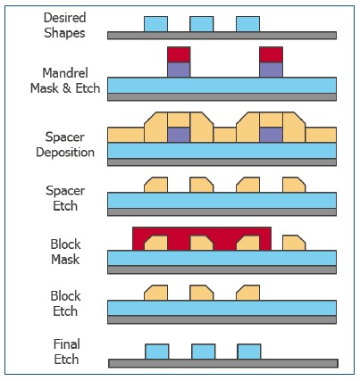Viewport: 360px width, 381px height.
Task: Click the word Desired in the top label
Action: click(64, 18)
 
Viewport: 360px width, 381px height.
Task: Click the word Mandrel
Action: click(65, 73)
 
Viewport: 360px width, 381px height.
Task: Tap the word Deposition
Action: click(65, 153)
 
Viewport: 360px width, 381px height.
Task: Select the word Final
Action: click(67, 344)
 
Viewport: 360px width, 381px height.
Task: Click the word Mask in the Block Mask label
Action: click(65, 260)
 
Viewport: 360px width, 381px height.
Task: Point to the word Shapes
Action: click(64, 33)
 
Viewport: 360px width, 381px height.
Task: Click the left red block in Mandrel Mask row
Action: click(179, 54)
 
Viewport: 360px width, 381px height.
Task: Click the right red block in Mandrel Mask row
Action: click(271, 54)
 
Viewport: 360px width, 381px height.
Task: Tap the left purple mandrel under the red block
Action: click(179, 70)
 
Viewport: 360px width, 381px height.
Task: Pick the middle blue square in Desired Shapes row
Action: click(202, 24)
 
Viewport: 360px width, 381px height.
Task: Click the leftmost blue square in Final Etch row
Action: click(157, 352)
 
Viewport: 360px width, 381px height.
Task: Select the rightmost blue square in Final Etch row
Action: click(249, 352)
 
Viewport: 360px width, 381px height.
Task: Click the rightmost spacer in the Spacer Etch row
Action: click(294, 185)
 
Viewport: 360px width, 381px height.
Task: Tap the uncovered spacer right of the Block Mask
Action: click(294, 243)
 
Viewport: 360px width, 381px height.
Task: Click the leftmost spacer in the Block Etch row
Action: click(155, 293)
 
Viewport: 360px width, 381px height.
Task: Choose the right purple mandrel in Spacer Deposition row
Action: click(271, 135)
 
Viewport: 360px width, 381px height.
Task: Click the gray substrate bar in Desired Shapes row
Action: click(222, 36)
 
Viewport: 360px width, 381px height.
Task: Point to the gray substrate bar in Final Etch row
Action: click(223, 363)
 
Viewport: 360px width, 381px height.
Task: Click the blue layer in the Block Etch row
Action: click(222, 308)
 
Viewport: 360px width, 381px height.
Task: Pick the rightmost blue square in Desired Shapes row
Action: click(247, 24)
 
